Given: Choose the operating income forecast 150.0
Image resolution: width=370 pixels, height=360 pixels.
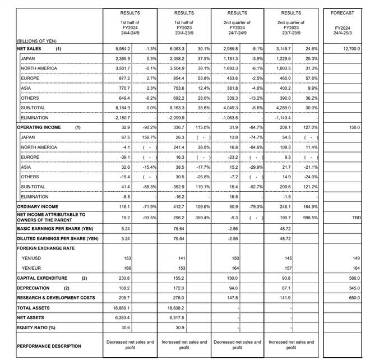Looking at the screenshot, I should point(353,127).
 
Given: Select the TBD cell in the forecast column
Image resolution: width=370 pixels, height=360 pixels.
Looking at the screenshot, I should point(355,217).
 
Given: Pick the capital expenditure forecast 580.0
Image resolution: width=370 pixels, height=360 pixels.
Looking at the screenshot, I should point(353,278).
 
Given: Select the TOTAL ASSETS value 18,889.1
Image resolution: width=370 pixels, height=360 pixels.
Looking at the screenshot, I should point(122,308).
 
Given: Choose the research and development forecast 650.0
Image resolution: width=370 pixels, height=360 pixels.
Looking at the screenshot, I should point(353,298).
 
